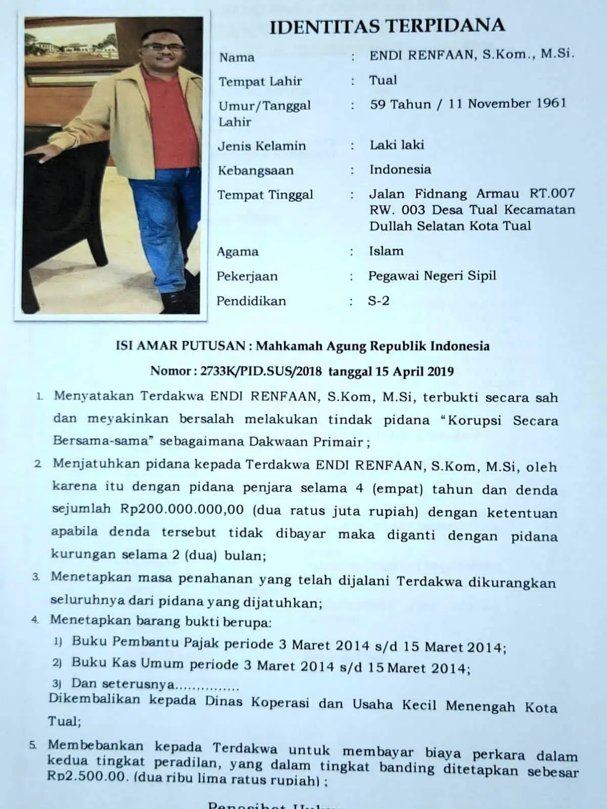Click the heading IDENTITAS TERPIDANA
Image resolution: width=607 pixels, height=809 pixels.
click(x=387, y=25)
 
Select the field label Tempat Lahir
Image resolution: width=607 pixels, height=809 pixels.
click(x=260, y=81)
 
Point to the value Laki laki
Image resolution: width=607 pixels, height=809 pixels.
click(x=397, y=145)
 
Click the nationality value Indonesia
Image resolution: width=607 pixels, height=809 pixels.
click(x=400, y=169)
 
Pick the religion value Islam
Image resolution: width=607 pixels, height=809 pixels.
click(x=386, y=251)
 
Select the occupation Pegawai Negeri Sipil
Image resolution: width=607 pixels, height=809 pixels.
click(x=432, y=276)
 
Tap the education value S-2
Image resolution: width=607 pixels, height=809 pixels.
click(x=378, y=301)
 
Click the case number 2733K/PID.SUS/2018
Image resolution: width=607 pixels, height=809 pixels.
click(x=261, y=372)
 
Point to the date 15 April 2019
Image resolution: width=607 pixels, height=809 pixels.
click(x=414, y=372)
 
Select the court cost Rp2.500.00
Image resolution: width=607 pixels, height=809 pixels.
click(x=86, y=776)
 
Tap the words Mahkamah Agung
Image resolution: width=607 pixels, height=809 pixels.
click(x=311, y=346)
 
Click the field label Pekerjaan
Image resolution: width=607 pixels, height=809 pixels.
click(x=247, y=276)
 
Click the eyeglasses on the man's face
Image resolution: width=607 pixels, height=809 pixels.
click(x=157, y=47)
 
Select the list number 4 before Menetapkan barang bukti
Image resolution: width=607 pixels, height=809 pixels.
click(x=35, y=620)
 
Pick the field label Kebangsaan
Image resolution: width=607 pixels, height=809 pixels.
click(x=255, y=170)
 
